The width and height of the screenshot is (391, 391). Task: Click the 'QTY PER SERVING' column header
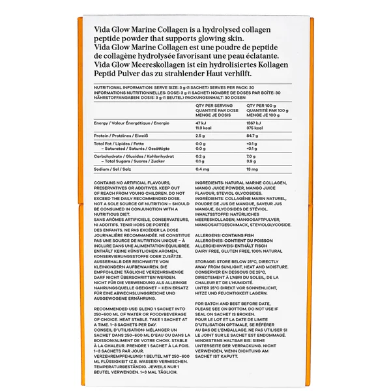214,104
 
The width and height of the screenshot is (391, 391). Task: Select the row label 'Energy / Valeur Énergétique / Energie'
132,122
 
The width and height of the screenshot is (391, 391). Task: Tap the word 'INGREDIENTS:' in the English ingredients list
209,183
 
